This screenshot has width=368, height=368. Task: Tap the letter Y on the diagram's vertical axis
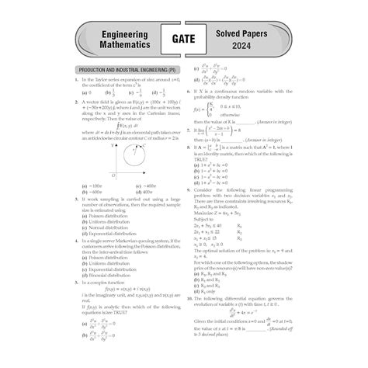(x=113, y=146)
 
